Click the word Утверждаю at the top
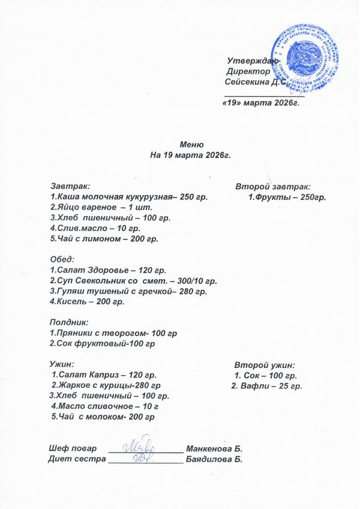[x=252, y=61]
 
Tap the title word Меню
[x=192, y=144]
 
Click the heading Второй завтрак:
[x=272, y=187]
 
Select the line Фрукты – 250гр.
[x=287, y=197]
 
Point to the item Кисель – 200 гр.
[x=86, y=301]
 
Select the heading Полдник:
[x=68, y=322]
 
